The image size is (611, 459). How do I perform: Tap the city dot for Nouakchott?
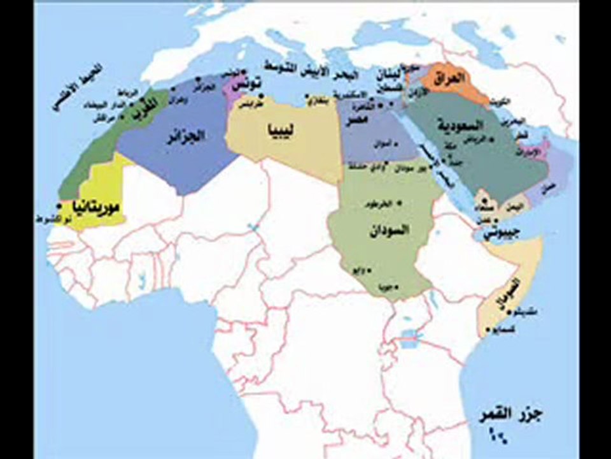(59, 207)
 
